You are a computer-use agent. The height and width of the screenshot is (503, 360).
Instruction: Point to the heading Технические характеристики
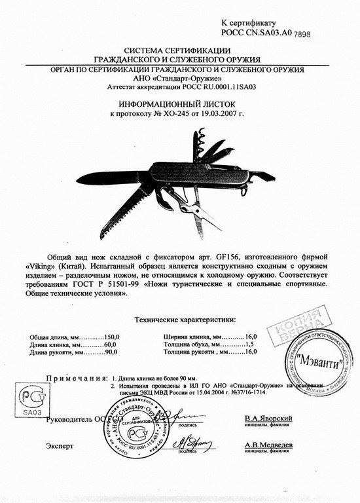coord(184,320)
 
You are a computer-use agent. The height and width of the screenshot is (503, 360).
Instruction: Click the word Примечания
coord(76,378)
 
